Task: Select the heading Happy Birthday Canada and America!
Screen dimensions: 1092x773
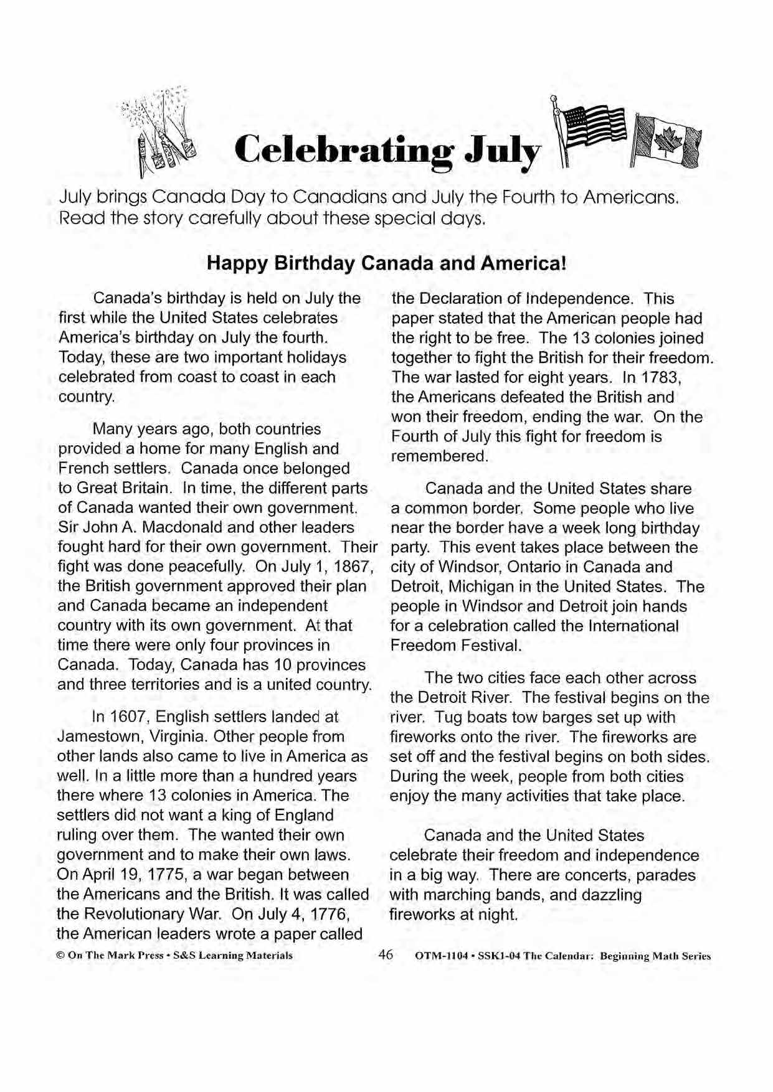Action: pos(386,263)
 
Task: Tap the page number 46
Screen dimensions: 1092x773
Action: pos(386,954)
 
